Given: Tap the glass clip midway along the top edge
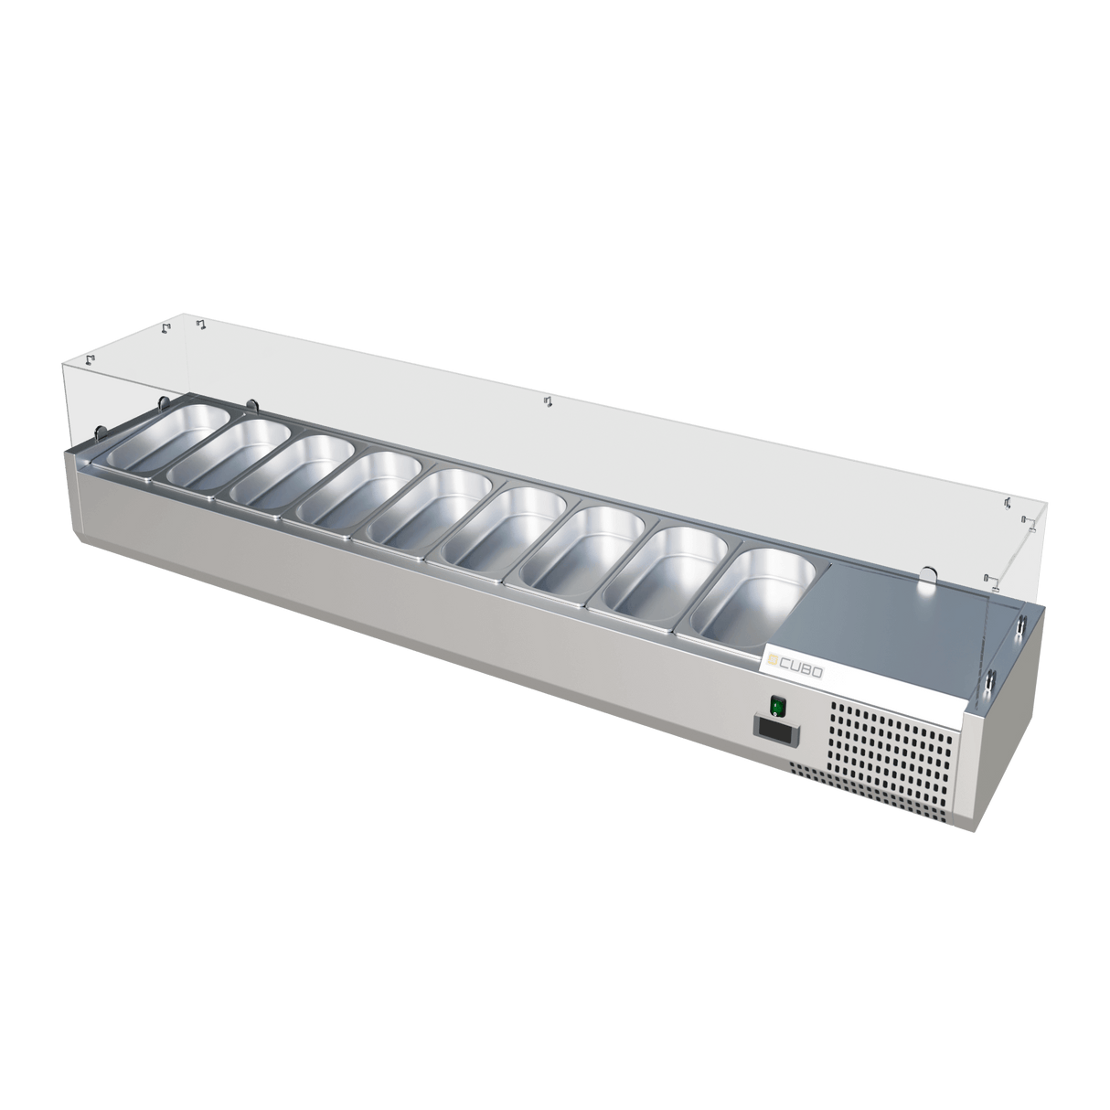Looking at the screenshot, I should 548,402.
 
